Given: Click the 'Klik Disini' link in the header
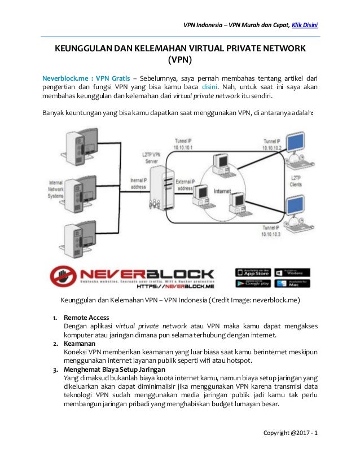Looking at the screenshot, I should tap(305, 24).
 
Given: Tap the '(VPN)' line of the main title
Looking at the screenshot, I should tap(179, 60).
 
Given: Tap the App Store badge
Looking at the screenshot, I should tap(253, 272).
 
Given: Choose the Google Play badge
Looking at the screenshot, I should tap(253, 284).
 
